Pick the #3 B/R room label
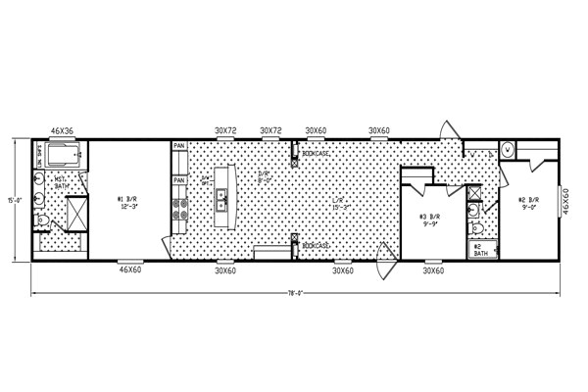pos(429,219)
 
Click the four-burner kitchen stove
pos(180,209)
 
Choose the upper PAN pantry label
pos(179,147)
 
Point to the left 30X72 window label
pos(226,129)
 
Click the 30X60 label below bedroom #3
pos(434,269)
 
